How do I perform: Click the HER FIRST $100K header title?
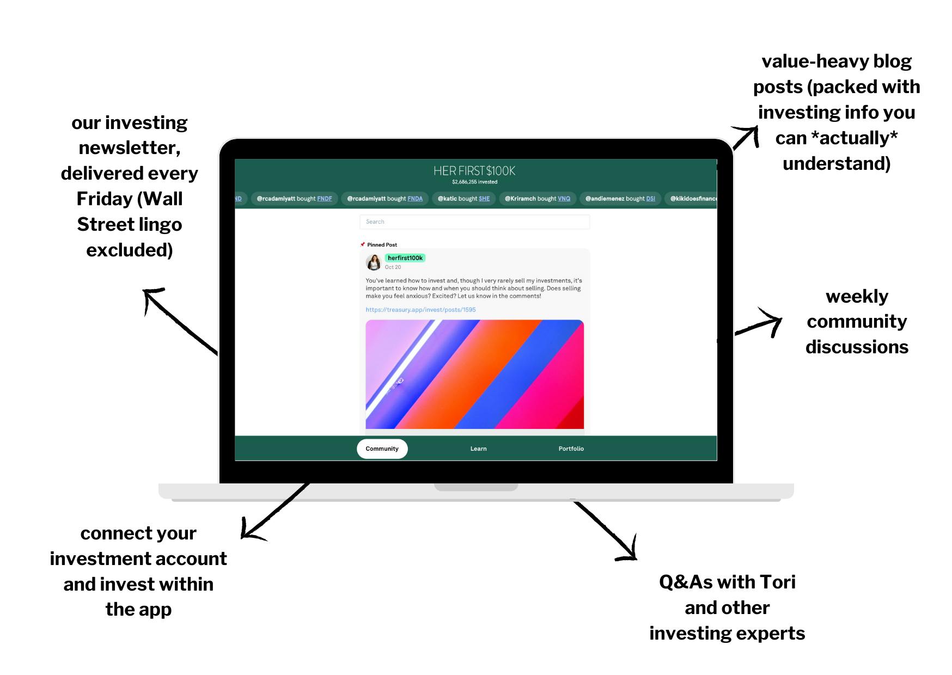point(474,171)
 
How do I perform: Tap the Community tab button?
point(382,449)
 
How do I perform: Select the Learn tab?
point(479,449)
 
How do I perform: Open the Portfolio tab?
point(571,449)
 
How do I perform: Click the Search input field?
point(474,222)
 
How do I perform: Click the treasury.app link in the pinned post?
point(420,310)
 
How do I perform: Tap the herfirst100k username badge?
point(405,258)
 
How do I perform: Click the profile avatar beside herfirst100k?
point(374,262)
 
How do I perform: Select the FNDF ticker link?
point(325,199)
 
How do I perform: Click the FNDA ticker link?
point(415,199)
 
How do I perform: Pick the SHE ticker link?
point(484,199)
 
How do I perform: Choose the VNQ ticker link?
point(564,199)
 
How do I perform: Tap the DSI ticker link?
point(651,199)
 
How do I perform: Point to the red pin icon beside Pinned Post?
point(363,244)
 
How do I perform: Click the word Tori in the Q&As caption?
point(778,582)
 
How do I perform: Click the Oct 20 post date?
point(393,267)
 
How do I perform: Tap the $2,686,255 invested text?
point(474,182)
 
